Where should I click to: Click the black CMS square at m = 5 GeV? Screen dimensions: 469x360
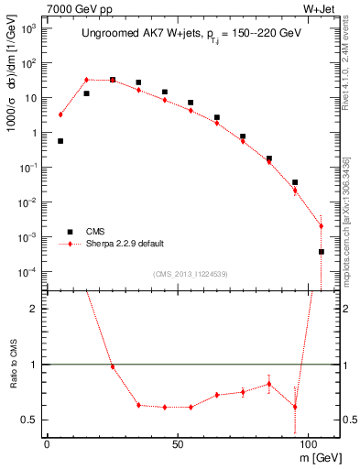pos(60,141)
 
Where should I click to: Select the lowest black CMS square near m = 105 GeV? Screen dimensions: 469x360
pos(321,251)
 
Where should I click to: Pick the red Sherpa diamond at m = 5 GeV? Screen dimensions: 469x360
pos(60,115)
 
